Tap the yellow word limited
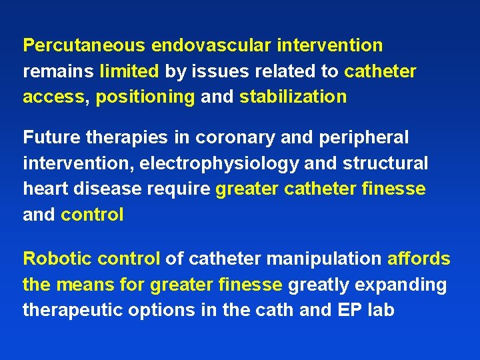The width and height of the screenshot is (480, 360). pyautogui.click(x=129, y=71)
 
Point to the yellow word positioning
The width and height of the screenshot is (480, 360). pyautogui.click(x=145, y=97)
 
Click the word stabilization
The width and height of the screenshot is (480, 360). pyautogui.click(x=293, y=97)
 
